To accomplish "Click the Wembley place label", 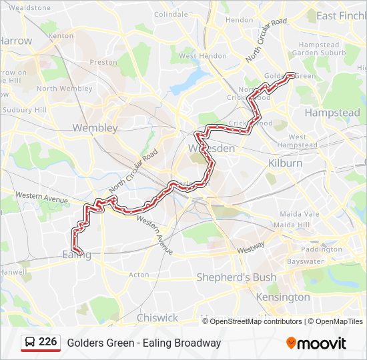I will (x=95, y=127).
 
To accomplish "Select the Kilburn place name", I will (x=285, y=163).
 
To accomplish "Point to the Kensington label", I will (x=283, y=297).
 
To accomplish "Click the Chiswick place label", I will (x=157, y=317).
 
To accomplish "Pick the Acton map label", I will (x=139, y=275).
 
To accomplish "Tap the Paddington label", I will (x=321, y=249).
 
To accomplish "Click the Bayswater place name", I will (x=305, y=261).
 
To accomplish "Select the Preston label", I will (x=103, y=62).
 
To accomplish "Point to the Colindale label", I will (x=171, y=14).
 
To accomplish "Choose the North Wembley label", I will (x=65, y=89).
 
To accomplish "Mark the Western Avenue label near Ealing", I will (x=41, y=197).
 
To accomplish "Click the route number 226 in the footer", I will (x=48, y=342).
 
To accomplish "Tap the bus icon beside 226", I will (x=31, y=343).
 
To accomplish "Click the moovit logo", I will (x=316, y=343).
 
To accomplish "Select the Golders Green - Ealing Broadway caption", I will (x=143, y=343).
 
